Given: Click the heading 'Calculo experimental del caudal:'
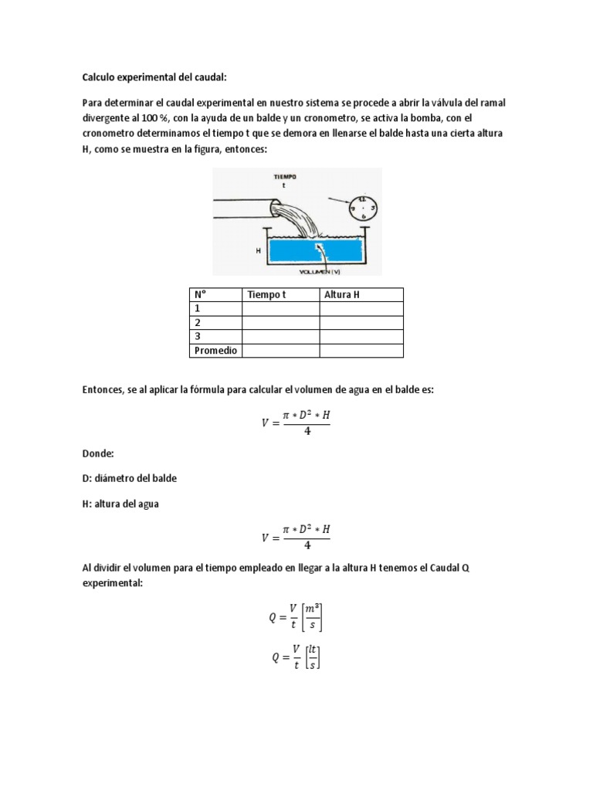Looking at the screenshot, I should point(155,77).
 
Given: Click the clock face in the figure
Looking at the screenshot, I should point(362,208).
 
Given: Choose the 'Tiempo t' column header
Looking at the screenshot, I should point(266,294).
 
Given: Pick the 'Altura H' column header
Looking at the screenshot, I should point(343,294).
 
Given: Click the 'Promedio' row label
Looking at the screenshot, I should point(215,351).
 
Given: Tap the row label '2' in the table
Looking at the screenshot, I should point(198,323).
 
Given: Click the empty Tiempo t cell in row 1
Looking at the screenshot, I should point(280,309).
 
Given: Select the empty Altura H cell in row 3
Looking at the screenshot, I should point(361,337).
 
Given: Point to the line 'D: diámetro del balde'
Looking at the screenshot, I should point(130,478).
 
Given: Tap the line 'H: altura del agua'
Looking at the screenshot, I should point(121,504).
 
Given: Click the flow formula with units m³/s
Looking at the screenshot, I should point(296,616).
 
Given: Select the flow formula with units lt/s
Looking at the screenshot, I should point(296,657).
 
